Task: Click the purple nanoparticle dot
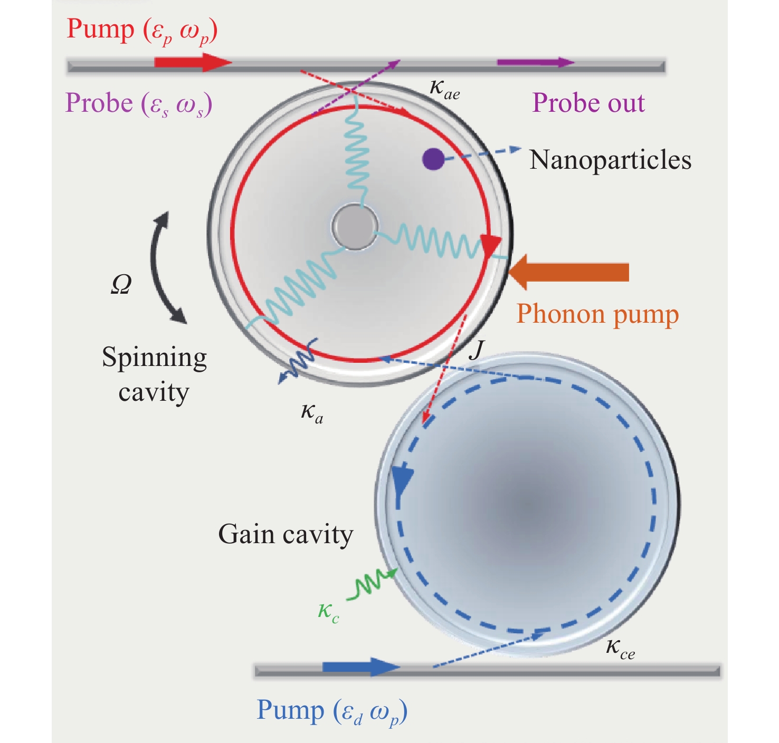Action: [433, 159]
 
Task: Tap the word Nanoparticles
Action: [610, 160]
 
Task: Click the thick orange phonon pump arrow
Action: [568, 272]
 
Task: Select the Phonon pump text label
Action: [597, 314]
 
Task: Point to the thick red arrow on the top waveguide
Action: [193, 62]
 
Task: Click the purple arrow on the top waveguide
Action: [536, 62]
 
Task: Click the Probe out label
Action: [588, 103]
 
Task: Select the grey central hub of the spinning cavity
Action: [355, 227]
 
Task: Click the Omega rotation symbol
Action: [121, 284]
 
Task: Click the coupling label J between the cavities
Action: [476, 349]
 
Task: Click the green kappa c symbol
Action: [328, 612]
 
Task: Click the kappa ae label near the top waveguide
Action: [444, 89]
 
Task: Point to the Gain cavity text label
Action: [286, 534]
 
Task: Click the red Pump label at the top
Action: [142, 30]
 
